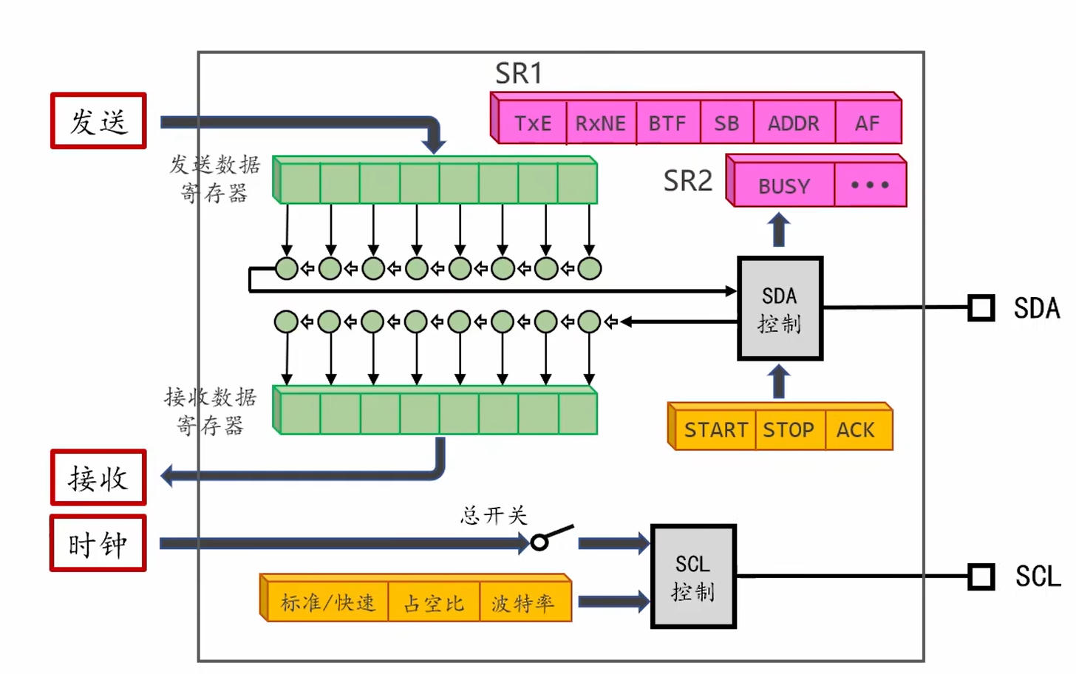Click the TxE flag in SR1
click(x=533, y=123)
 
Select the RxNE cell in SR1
click(x=602, y=123)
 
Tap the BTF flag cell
click(x=668, y=123)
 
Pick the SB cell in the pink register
click(x=726, y=123)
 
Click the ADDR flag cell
click(x=794, y=123)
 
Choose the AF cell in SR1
click(x=868, y=123)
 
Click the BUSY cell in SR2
click(x=784, y=185)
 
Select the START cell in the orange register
click(x=715, y=430)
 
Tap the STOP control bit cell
click(x=790, y=430)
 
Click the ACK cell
click(x=859, y=430)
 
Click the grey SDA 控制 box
click(x=780, y=308)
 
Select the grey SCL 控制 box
click(x=693, y=576)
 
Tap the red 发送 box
click(x=98, y=120)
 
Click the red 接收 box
click(x=98, y=477)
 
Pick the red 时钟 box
click(x=98, y=543)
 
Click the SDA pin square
click(x=981, y=307)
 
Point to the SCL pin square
click(x=981, y=576)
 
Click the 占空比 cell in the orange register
click(x=434, y=602)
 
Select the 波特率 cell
click(x=525, y=602)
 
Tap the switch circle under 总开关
click(x=539, y=543)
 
